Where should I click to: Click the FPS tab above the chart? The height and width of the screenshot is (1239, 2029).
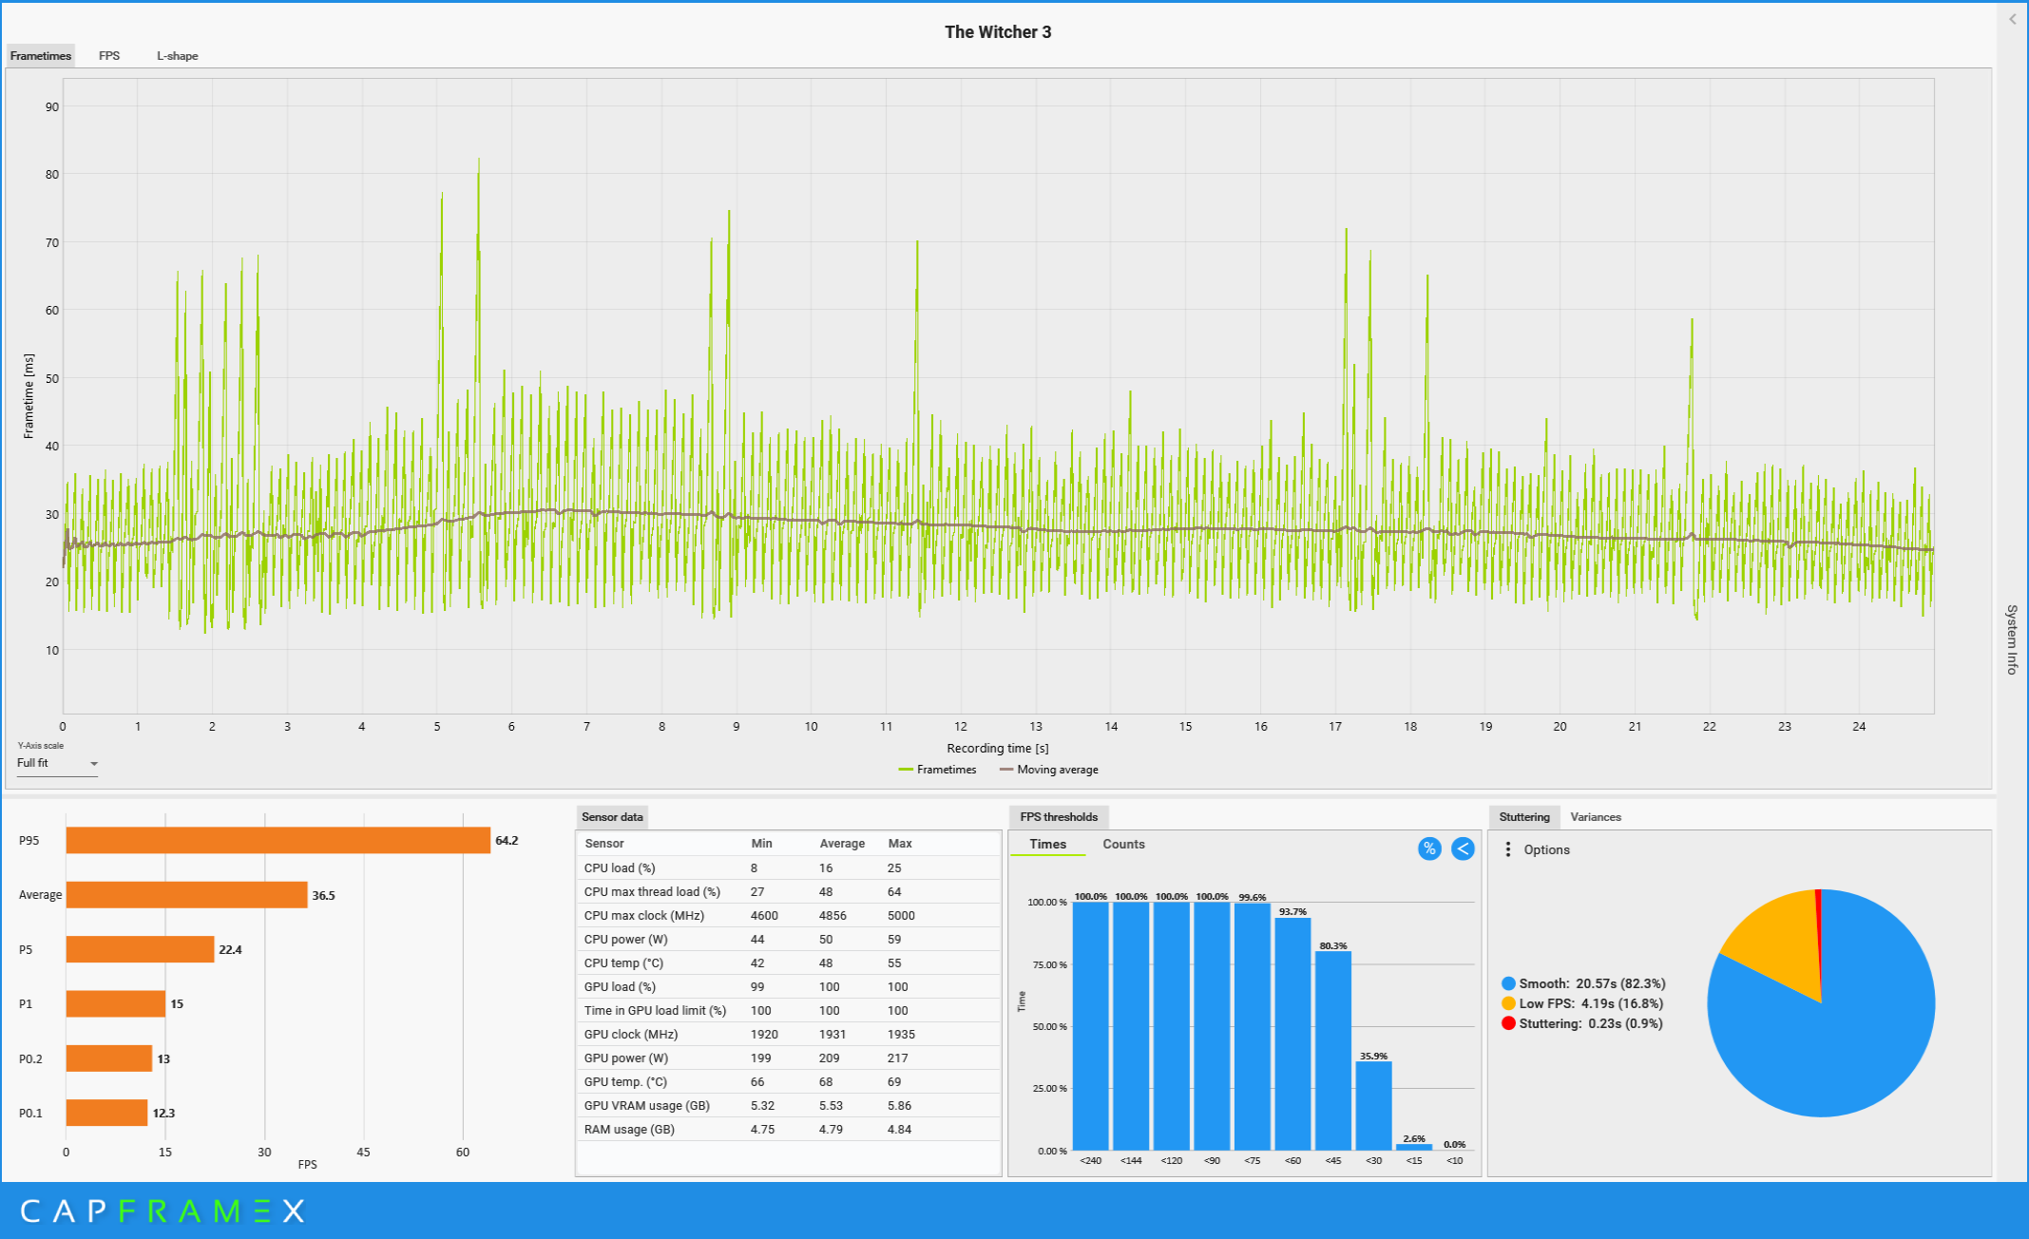point(109,56)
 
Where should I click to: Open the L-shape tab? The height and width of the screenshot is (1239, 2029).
point(178,56)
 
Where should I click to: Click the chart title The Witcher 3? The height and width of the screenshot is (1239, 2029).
point(998,32)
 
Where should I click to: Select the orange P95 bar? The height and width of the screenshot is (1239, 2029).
point(278,840)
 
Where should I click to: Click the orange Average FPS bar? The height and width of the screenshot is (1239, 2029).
point(186,895)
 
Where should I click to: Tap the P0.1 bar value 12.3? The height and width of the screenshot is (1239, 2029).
point(163,1113)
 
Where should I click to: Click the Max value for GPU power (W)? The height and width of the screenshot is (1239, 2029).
point(898,1058)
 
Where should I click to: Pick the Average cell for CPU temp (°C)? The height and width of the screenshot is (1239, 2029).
point(826,963)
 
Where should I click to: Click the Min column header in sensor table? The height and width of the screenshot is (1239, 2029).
point(761,844)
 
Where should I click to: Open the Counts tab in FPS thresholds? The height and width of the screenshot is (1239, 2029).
point(1123,844)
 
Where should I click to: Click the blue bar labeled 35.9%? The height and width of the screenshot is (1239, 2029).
point(1373,1106)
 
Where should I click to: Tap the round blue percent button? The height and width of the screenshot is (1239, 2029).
point(1429,848)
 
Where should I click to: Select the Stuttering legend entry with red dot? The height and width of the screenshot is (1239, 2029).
point(1582,1023)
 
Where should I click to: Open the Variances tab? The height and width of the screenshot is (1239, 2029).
point(1596,817)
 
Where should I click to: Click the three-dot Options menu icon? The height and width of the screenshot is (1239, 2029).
point(1508,849)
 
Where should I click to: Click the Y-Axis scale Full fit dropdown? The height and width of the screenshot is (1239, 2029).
point(57,763)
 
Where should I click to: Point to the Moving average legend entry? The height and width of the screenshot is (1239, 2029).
point(1049,770)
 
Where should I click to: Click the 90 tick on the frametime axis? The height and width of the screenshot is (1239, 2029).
point(52,106)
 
